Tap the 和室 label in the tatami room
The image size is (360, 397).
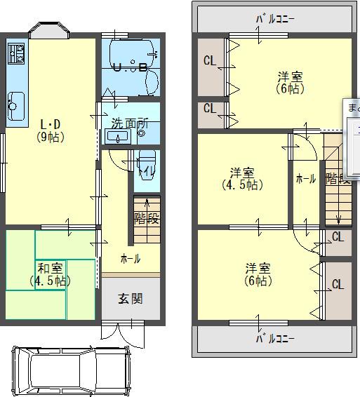pos(50,268)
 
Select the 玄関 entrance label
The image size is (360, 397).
pos(130,299)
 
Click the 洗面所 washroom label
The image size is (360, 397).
pos(130,122)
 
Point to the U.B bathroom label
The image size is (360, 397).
pos(131,68)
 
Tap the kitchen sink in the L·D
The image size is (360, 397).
pos(16,104)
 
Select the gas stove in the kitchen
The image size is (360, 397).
pos(16,53)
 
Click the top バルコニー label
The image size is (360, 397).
pos(275,19)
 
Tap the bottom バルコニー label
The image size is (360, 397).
pos(274,338)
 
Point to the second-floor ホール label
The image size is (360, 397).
pos(305,179)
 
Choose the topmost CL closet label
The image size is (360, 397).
pos(209,61)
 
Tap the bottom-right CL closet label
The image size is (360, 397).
pos(338,284)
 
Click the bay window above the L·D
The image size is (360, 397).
pos(49,31)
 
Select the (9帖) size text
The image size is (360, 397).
pos(51,137)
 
